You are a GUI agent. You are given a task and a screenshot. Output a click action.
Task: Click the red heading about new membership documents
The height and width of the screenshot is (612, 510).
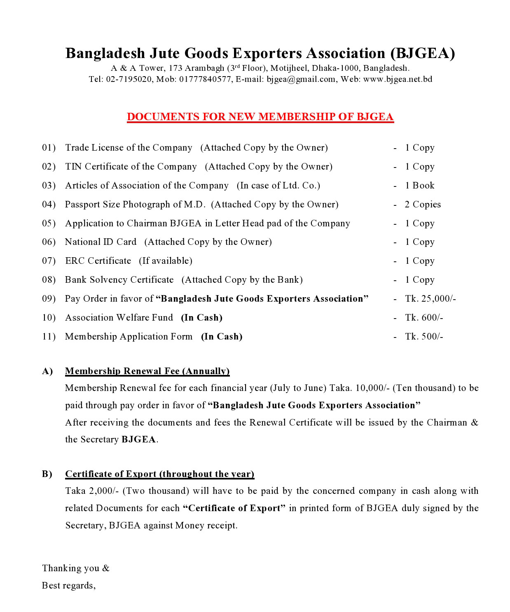(x=260, y=117)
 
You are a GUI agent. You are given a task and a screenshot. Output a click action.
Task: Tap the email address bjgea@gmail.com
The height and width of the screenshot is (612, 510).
(x=301, y=79)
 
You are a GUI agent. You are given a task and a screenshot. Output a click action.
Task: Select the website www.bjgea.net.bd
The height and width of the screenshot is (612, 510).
(x=398, y=79)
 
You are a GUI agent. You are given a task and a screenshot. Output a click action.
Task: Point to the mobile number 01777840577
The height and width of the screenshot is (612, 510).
(x=205, y=79)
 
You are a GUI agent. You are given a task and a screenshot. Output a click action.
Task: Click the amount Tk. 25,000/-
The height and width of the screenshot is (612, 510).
(x=430, y=299)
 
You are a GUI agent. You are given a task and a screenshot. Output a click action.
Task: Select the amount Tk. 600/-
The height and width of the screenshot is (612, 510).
(x=424, y=318)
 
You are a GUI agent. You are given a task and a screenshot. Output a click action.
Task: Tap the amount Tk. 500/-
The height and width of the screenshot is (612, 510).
(x=424, y=337)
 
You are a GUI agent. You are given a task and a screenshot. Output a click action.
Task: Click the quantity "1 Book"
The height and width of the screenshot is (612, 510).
(x=419, y=186)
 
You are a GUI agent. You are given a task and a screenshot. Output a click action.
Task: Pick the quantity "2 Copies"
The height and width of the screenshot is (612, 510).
(x=422, y=205)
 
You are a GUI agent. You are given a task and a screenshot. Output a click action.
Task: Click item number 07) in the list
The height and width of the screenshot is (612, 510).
(x=49, y=261)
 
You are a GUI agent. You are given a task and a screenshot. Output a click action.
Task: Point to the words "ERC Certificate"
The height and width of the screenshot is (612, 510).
(x=98, y=261)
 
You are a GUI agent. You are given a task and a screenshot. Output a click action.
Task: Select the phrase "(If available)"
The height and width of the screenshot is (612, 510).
(x=166, y=261)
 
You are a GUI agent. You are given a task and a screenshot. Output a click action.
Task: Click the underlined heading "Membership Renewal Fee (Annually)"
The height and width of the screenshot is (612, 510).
(x=147, y=371)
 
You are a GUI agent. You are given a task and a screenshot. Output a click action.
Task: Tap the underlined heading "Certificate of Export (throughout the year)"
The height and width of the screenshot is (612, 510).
(x=159, y=474)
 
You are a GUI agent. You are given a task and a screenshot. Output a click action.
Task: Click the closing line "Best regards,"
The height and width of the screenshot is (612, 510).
(x=69, y=586)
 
